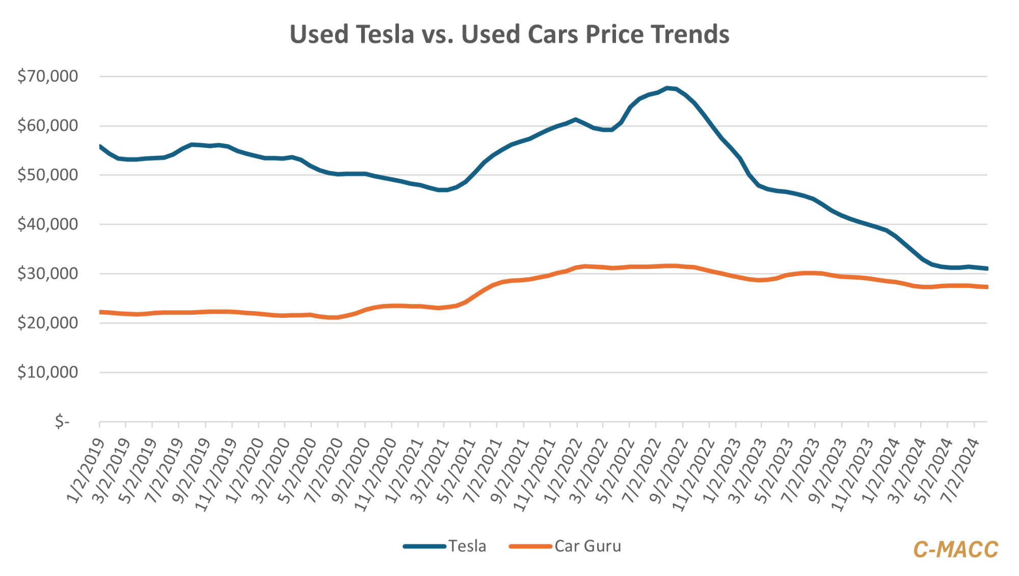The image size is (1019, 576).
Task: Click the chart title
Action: (x=509, y=35)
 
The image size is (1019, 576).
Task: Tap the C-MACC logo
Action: (x=955, y=550)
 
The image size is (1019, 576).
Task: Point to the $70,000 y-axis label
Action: (x=48, y=76)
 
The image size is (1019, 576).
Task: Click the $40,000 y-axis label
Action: (x=48, y=224)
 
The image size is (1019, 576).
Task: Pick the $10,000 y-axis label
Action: (x=48, y=372)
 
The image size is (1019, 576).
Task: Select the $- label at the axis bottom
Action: (x=62, y=421)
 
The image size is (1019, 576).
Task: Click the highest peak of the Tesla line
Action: (x=667, y=88)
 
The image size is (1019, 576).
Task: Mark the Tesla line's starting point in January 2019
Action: (x=100, y=146)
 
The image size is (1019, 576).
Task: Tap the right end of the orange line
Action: (x=987, y=287)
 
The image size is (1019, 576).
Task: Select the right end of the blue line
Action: (x=987, y=268)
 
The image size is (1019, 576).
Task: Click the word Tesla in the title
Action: (x=385, y=35)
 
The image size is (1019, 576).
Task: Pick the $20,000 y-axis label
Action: (x=48, y=323)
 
